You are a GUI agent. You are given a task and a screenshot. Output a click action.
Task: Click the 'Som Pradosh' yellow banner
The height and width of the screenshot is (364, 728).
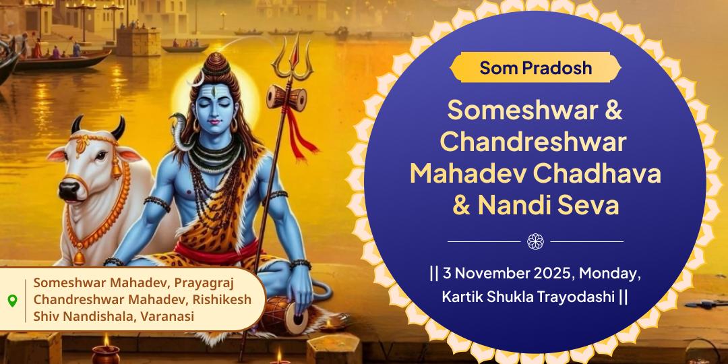point(535,68)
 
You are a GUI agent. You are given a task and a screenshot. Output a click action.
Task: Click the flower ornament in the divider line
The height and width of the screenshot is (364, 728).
point(535,241)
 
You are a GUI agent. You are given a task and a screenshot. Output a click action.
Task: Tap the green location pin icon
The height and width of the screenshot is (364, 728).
point(12,300)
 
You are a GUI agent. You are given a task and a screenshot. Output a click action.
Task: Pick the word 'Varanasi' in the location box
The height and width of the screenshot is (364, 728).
point(166,315)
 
